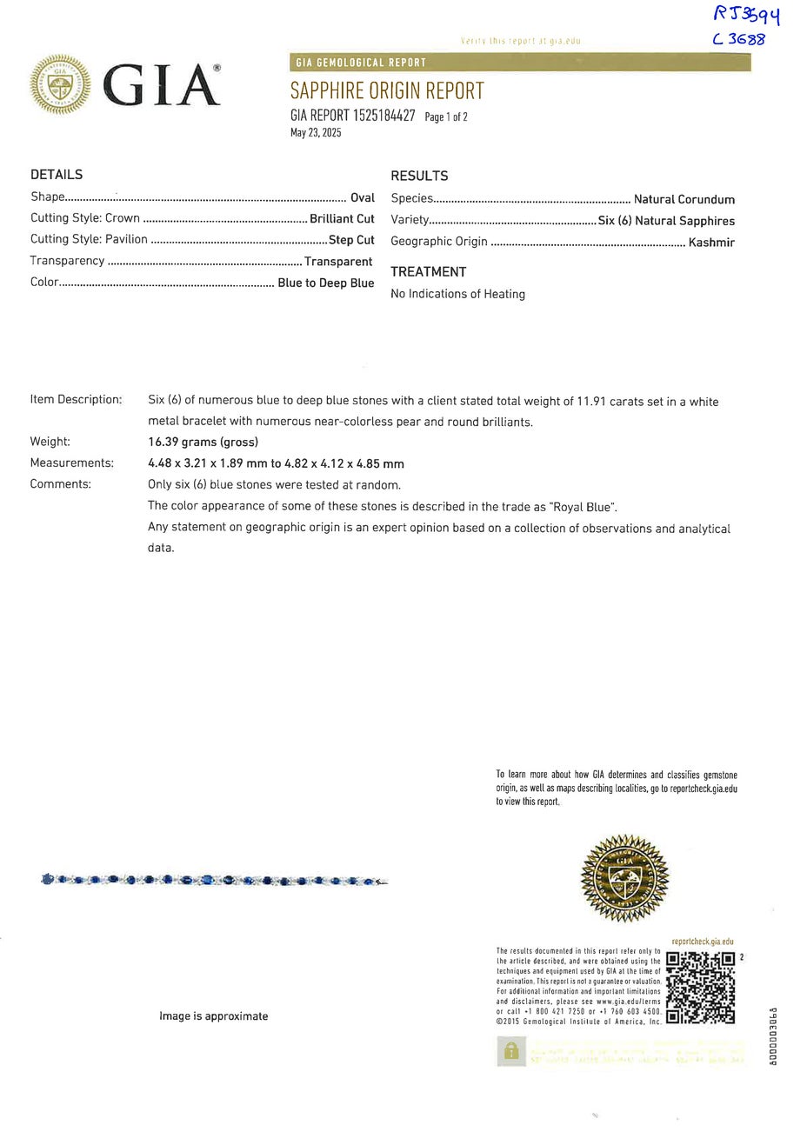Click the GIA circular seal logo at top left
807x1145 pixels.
point(60,84)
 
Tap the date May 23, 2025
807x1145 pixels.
point(316,133)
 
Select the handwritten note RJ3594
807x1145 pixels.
point(746,15)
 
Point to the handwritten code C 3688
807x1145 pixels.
point(738,39)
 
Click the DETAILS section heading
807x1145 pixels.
point(57,175)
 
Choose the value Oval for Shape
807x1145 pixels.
point(363,197)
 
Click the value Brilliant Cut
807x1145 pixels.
point(342,219)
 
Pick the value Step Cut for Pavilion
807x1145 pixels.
point(351,240)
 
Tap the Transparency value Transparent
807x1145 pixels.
point(338,261)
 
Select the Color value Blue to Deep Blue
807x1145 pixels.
point(325,283)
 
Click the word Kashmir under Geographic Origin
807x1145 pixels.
point(711,243)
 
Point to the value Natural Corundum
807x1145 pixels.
point(684,199)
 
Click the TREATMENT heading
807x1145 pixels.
point(428,272)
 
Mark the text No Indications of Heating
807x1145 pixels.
point(457,294)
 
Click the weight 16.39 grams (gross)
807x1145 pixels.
point(203,442)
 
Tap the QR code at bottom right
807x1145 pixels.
point(700,988)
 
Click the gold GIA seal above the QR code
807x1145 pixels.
point(624,878)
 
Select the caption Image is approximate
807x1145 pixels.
point(213,1016)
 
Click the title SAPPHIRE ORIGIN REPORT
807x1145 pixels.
point(386,90)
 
